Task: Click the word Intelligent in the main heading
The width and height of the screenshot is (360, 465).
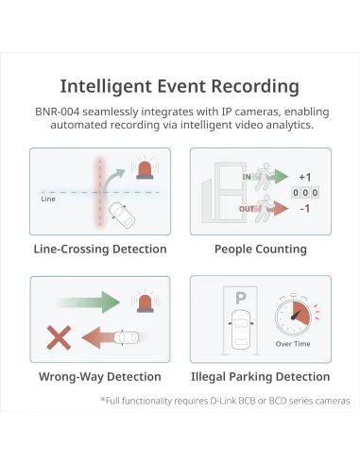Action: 106,86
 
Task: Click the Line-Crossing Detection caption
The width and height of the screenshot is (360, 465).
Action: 100,249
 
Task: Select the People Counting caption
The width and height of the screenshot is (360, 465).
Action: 261,249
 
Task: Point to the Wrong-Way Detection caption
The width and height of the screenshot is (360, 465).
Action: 100,376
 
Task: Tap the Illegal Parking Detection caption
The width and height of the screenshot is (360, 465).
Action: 261,376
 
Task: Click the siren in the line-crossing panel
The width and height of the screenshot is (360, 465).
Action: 145,168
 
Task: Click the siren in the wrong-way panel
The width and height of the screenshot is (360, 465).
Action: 146,301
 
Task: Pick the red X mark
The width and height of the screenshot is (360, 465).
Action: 59,337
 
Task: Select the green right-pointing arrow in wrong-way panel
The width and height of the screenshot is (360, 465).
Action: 89,301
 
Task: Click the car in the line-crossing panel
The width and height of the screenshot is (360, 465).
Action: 122,215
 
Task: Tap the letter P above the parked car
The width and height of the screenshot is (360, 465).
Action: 241,298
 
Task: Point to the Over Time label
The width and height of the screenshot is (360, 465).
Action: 293,344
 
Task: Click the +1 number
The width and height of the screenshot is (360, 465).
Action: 305,177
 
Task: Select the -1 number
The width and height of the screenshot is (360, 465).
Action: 305,209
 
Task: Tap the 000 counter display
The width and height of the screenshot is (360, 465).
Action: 305,193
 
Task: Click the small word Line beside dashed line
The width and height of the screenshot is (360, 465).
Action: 48,198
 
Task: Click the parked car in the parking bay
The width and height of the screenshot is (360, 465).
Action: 241,329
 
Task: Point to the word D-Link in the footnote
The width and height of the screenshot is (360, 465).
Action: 223,401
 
